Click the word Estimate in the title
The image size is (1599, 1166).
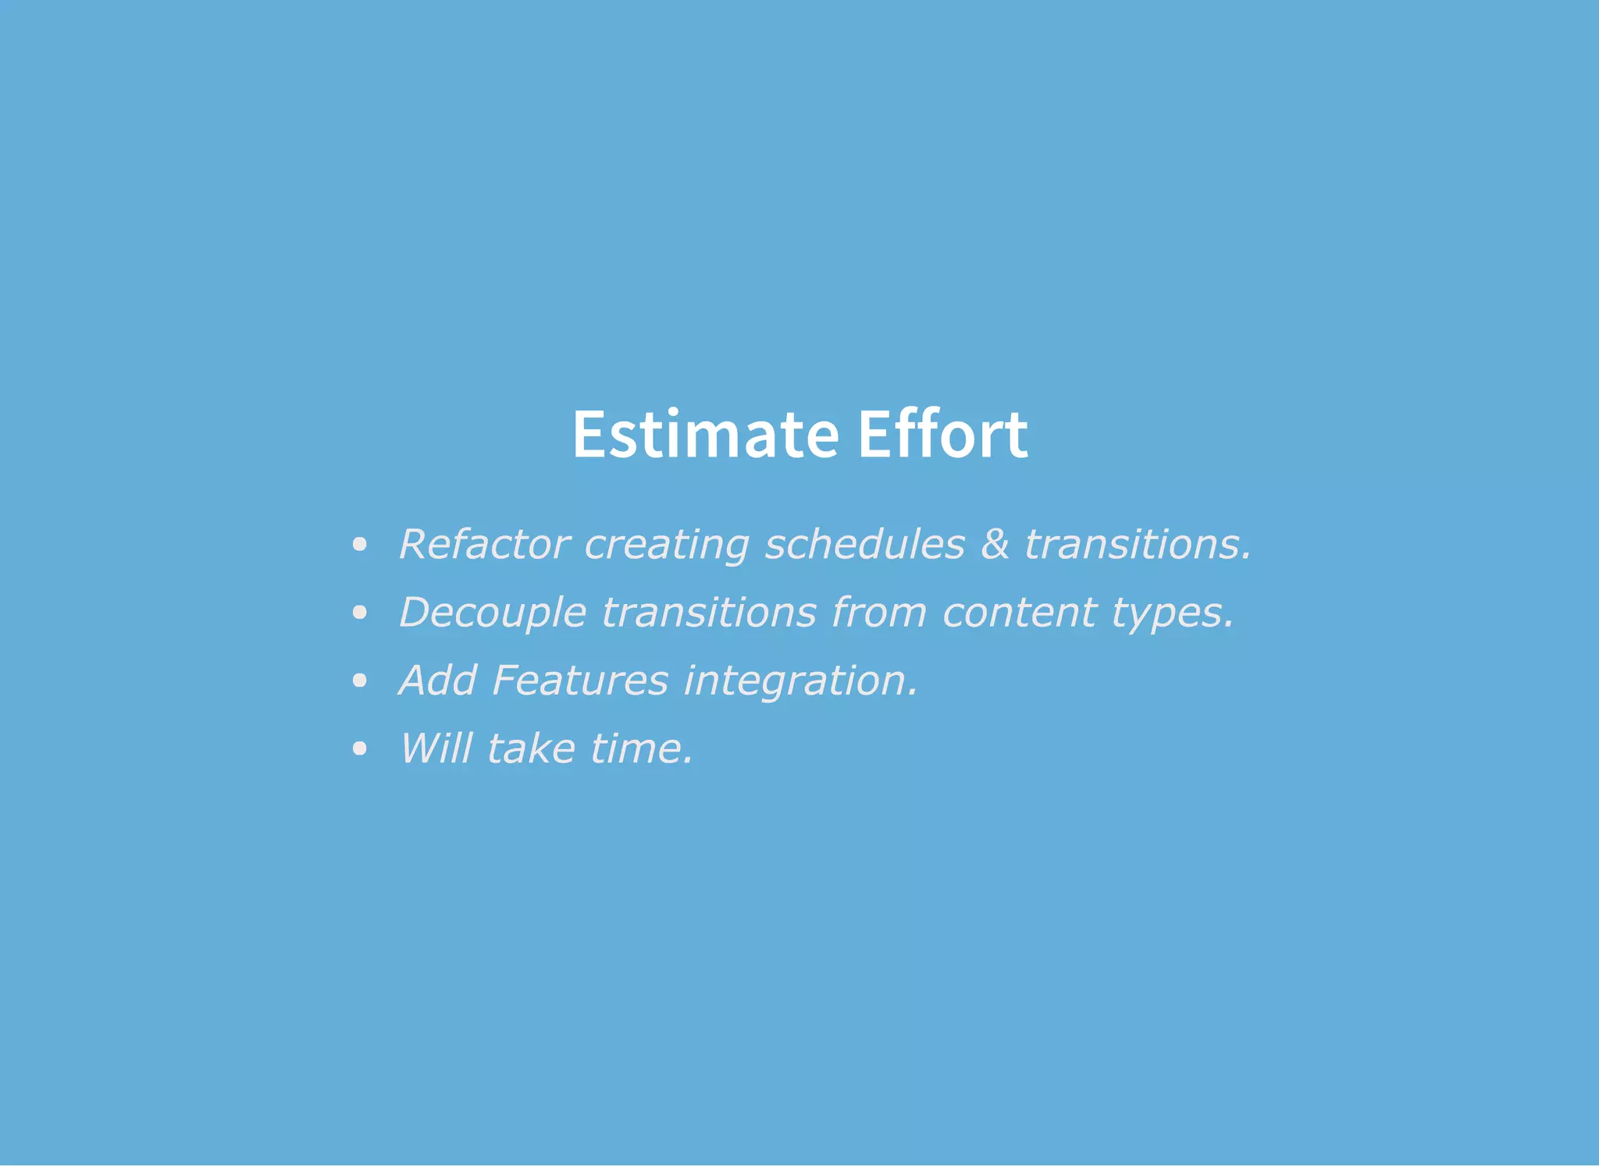[706, 434]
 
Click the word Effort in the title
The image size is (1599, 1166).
[942, 434]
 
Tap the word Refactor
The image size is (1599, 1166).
[484, 544]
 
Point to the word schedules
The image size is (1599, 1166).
[864, 544]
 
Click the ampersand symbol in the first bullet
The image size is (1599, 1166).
[995, 544]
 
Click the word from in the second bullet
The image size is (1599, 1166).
[879, 612]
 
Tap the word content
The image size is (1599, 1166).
[1019, 612]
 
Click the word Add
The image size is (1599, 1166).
[438, 680]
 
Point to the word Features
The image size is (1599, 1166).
[580, 680]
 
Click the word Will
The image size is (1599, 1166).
[436, 748]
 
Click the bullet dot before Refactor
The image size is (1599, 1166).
[359, 545]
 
